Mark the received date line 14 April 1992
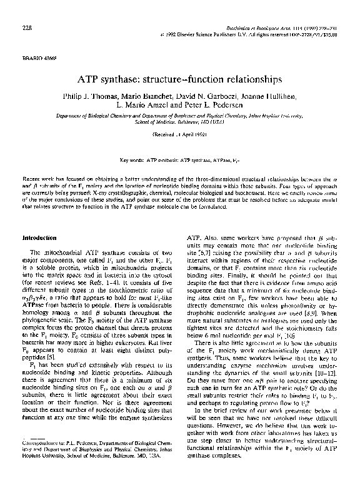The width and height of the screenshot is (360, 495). point(179,134)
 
